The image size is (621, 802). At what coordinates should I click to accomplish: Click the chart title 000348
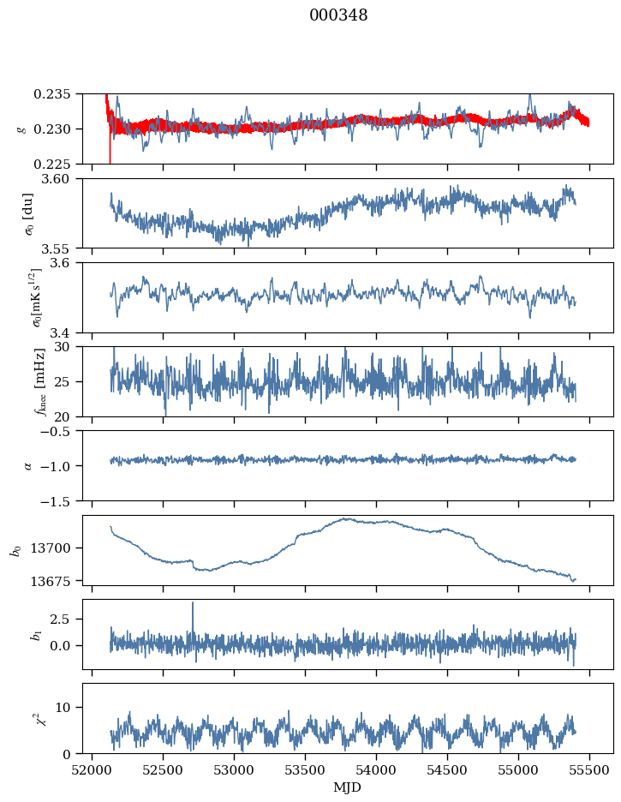click(x=338, y=15)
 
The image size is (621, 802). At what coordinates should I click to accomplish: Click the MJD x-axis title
click(x=348, y=787)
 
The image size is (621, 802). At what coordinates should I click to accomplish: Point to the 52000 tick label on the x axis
click(x=93, y=769)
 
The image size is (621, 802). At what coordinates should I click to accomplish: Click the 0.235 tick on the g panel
click(x=60, y=94)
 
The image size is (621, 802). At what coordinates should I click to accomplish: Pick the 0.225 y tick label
click(x=60, y=164)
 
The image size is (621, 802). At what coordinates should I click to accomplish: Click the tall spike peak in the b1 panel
click(x=193, y=602)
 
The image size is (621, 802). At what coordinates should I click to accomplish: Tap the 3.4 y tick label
click(x=69, y=332)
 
